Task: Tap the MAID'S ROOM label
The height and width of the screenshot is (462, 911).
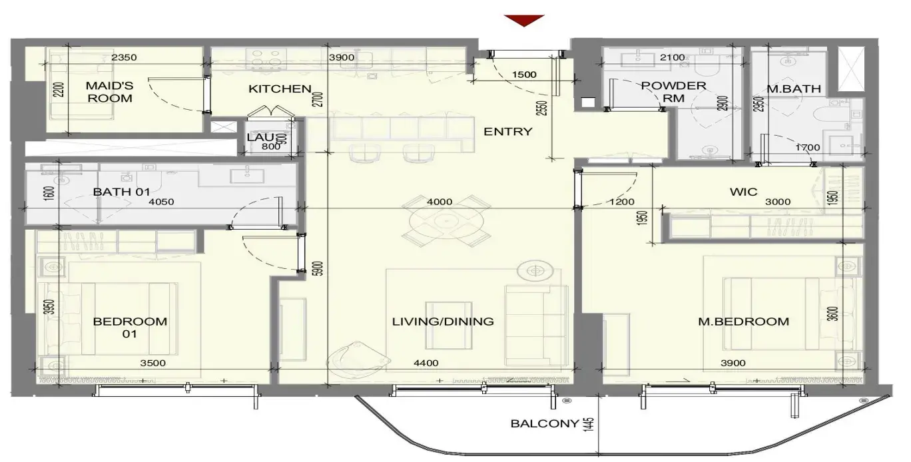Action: (x=109, y=92)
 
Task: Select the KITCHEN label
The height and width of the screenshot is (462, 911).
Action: (x=280, y=89)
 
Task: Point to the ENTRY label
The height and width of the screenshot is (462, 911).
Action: (x=507, y=131)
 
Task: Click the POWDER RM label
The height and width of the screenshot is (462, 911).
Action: (x=673, y=92)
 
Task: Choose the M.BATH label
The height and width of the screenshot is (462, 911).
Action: (x=794, y=89)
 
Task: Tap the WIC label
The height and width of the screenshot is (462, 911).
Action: (x=743, y=192)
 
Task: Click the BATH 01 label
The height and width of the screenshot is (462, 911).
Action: (x=122, y=192)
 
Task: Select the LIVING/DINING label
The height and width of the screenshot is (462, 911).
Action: (x=443, y=322)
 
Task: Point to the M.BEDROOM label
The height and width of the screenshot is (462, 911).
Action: (x=743, y=322)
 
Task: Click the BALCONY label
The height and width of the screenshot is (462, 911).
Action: (x=545, y=423)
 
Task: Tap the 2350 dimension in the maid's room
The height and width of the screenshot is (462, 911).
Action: (x=124, y=57)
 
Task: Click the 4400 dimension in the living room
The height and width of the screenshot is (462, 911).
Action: (x=426, y=363)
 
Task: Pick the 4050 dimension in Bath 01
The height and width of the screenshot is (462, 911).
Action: (x=161, y=202)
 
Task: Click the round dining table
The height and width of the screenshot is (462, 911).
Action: (x=446, y=221)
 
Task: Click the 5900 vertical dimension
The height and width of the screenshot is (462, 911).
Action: (x=319, y=268)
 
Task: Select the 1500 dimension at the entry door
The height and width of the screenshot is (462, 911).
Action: (x=524, y=75)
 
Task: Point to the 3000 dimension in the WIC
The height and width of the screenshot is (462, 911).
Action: (x=778, y=202)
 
